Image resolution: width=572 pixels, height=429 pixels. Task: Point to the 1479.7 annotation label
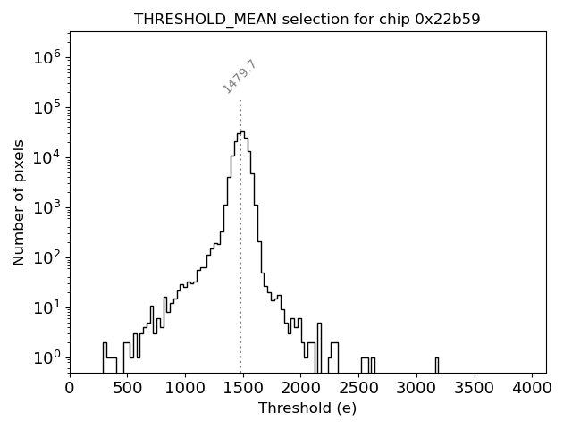(240, 77)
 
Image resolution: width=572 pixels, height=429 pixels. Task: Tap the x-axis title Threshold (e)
(307, 408)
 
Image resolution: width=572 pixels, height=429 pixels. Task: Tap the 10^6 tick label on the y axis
(46, 57)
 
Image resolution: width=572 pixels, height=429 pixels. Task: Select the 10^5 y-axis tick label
(46, 107)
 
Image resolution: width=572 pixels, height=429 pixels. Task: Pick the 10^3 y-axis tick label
(46, 207)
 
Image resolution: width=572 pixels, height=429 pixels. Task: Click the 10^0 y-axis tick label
(46, 357)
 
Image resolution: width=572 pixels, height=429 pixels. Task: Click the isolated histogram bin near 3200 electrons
(437, 365)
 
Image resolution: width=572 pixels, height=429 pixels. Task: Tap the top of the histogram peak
(241, 132)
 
